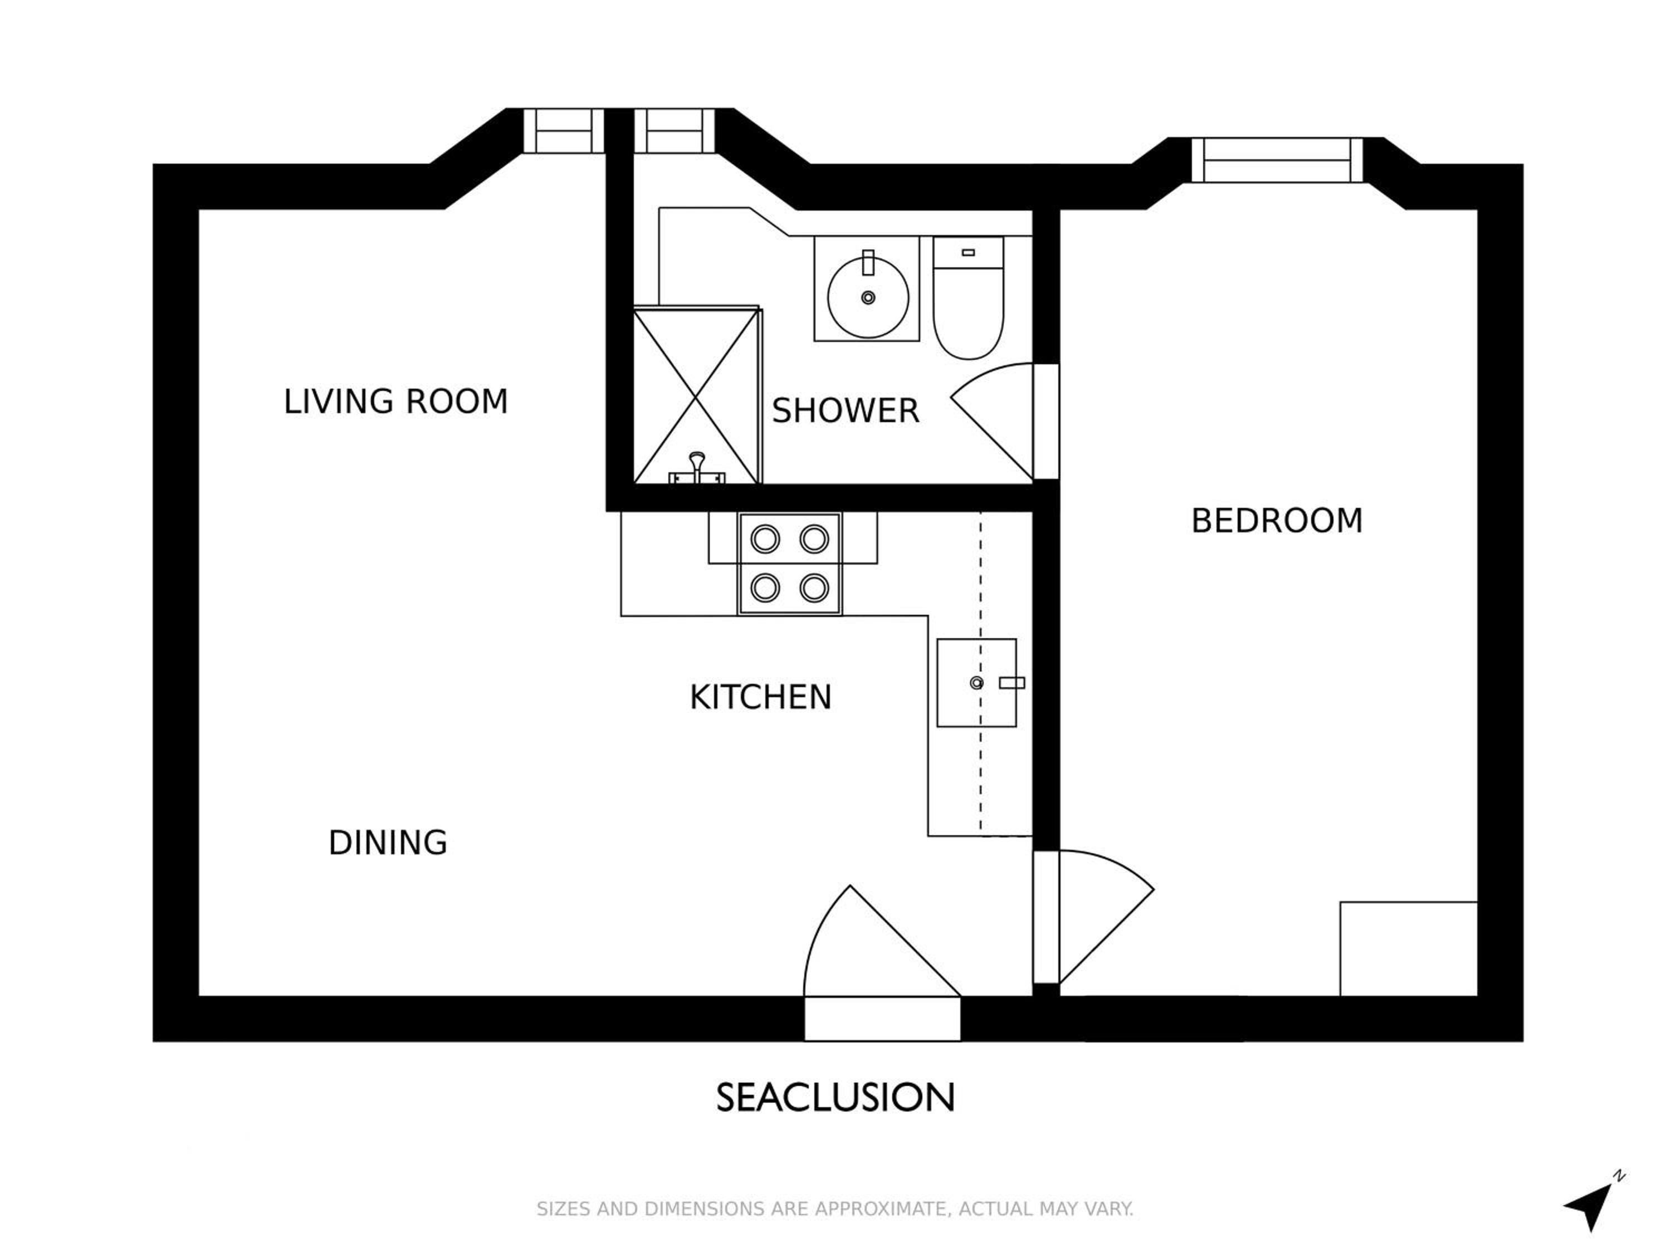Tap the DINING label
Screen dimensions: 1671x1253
pyautogui.click(x=388, y=842)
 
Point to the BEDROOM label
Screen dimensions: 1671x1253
pyautogui.click(x=1277, y=520)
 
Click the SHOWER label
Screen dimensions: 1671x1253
pyautogui.click(x=846, y=411)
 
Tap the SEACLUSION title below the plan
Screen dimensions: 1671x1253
pyautogui.click(x=836, y=1098)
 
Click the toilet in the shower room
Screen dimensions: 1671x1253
pyautogui.click(x=969, y=298)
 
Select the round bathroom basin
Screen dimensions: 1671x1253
pyautogui.click(x=868, y=297)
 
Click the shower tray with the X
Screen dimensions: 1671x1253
pyautogui.click(x=696, y=395)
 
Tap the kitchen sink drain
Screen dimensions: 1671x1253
pyautogui.click(x=977, y=683)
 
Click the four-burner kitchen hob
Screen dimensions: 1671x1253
pyautogui.click(x=789, y=564)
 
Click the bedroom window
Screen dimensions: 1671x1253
pyautogui.click(x=1277, y=160)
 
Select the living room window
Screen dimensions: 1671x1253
pyautogui.click(x=564, y=131)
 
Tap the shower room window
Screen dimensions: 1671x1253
pyautogui.click(x=674, y=131)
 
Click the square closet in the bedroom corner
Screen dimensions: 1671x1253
pyautogui.click(x=1408, y=948)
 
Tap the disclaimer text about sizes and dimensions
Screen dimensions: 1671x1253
pyautogui.click(x=835, y=1208)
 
